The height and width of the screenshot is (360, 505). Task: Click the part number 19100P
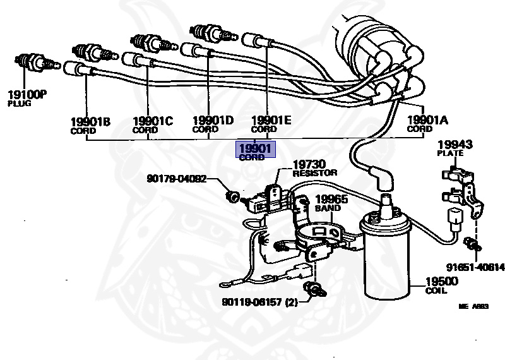click(x=27, y=95)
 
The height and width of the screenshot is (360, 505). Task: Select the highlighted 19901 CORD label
click(x=255, y=152)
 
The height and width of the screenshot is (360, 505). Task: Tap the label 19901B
click(x=90, y=121)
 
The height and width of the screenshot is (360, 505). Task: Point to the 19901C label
click(x=152, y=121)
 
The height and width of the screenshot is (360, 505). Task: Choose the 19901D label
click(x=213, y=121)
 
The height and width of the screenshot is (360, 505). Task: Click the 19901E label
click(x=271, y=121)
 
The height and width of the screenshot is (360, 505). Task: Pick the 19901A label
click(x=427, y=120)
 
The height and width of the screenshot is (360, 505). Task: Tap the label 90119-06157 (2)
click(x=259, y=302)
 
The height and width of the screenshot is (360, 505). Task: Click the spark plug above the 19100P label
click(x=34, y=63)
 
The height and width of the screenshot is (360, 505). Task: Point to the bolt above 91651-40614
click(x=470, y=243)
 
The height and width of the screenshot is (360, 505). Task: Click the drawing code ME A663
click(x=473, y=306)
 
